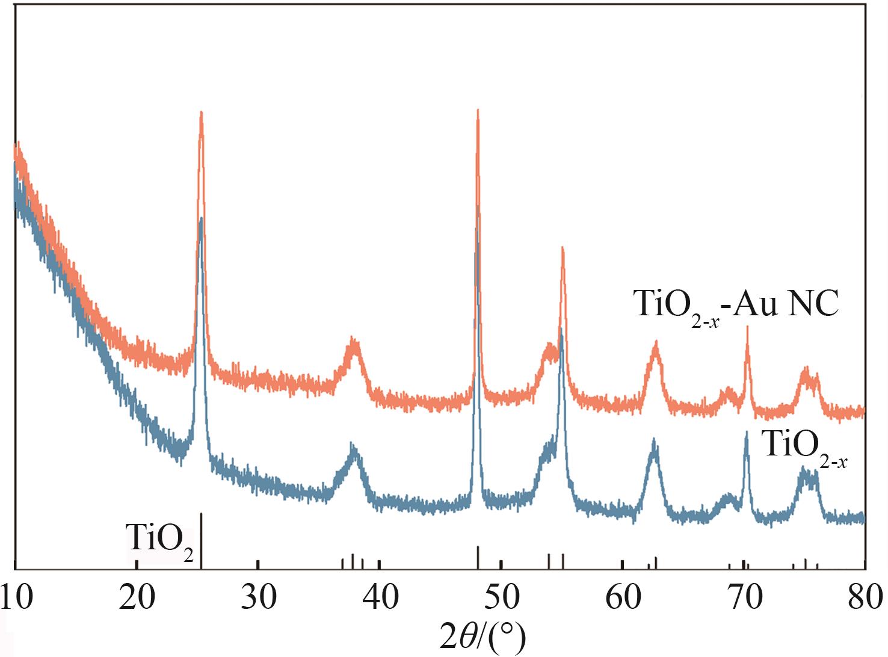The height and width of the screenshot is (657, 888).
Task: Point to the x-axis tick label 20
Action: tap(137, 599)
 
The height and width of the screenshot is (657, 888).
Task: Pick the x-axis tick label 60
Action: tap(623, 599)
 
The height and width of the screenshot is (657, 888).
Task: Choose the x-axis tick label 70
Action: tap(744, 599)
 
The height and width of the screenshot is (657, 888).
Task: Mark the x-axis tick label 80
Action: tap(865, 599)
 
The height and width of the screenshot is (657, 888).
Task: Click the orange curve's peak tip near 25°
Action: tap(201, 113)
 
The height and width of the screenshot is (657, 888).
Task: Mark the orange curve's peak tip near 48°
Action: tap(478, 111)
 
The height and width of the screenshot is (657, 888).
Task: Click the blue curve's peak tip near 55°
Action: tap(561, 330)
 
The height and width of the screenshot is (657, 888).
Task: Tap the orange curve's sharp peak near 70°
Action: tap(747, 328)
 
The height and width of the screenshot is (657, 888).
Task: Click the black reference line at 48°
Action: tap(478, 557)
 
